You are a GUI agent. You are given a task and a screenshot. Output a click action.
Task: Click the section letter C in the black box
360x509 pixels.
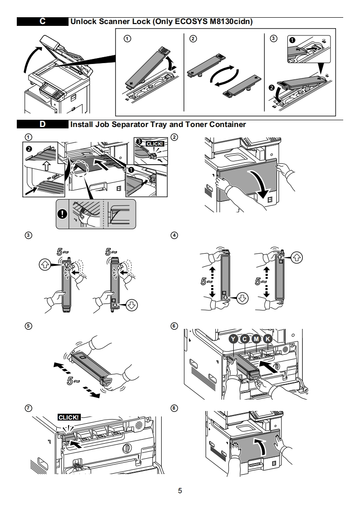[x=42, y=21]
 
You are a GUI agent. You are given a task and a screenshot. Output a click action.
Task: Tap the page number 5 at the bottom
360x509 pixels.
[x=180, y=491]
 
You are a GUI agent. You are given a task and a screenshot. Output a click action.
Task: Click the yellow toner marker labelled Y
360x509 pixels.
[x=233, y=338]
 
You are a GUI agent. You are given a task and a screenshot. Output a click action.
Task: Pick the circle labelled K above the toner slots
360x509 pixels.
[x=268, y=338]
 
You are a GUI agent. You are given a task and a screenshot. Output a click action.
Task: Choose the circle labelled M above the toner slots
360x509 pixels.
[x=256, y=338]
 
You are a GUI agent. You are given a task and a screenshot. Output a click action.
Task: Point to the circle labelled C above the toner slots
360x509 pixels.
[x=245, y=338]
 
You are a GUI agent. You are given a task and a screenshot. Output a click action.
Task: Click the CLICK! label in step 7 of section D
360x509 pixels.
[x=69, y=417]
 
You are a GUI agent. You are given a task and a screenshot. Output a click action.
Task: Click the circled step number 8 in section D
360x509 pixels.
[x=174, y=408]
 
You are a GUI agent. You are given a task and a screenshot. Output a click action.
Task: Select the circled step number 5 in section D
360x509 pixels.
[x=29, y=325]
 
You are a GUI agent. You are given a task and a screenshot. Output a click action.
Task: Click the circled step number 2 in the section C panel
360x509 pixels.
[x=193, y=39]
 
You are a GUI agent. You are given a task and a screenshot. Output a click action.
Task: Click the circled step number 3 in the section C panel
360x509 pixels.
[x=273, y=39]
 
